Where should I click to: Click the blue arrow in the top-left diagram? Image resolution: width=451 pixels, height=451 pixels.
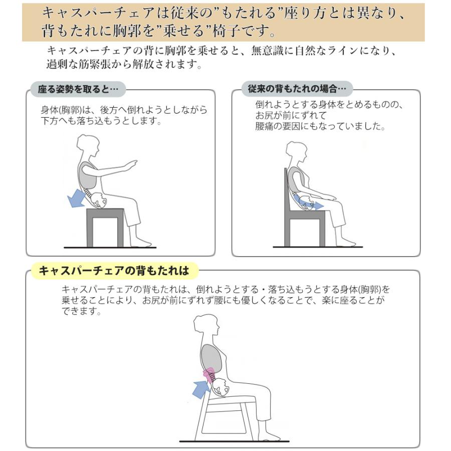tap(77, 198)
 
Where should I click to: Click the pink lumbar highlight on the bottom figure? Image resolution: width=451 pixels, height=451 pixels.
tap(209, 374)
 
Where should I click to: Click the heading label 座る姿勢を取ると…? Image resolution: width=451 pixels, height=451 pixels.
tap(78, 90)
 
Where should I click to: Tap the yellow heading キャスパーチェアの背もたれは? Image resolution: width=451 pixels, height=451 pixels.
tap(114, 271)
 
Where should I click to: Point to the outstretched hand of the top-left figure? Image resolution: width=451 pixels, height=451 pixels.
tap(132, 164)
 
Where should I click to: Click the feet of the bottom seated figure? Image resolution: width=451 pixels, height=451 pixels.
tap(273, 435)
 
